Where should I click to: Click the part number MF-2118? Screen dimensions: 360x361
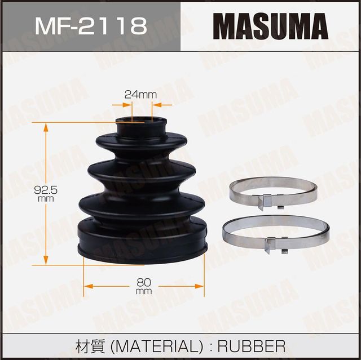(x=90, y=25)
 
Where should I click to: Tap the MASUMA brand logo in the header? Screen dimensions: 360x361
(x=270, y=26)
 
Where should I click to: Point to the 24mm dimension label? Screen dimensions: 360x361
(x=140, y=95)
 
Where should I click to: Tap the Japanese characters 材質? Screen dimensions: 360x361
(x=88, y=345)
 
